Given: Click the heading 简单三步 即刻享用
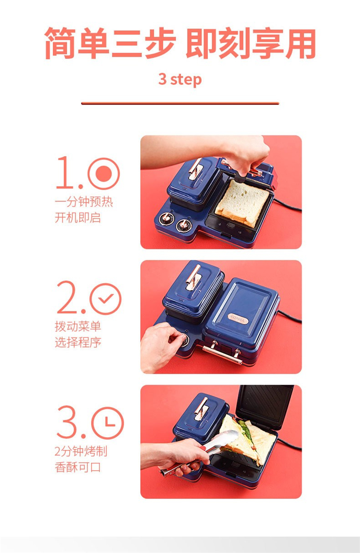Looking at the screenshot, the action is coord(180,43).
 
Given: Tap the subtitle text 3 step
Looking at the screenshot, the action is coord(180,79).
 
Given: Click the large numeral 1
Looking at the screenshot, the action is coord(65,172).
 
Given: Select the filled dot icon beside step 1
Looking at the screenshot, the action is coord(104,173).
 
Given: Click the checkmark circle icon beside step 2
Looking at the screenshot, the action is coord(106,299).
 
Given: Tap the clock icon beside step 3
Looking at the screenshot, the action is coord(108,423).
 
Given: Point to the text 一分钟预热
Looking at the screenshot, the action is coord(84,202).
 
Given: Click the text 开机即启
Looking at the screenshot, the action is coord(78,217).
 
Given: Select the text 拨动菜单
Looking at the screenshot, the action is coord(78,326).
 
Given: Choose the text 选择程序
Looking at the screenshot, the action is coord(78,342).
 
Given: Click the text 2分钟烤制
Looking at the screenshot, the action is coord(81,451).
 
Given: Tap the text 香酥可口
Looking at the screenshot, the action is coord(78,467).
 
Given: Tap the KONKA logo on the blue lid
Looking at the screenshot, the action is coord(238,318).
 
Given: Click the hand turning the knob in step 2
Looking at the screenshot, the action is coord(160,347).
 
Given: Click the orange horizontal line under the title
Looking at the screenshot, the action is coord(180,103).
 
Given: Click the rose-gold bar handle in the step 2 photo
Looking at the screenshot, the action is coord(223,355).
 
